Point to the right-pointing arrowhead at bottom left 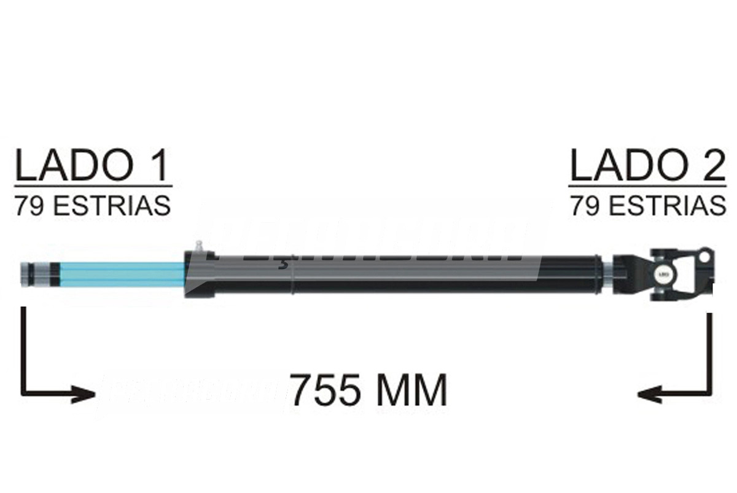(86, 394)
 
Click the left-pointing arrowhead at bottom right (648, 394)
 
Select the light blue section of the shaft (123, 274)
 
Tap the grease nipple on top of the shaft (199, 246)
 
